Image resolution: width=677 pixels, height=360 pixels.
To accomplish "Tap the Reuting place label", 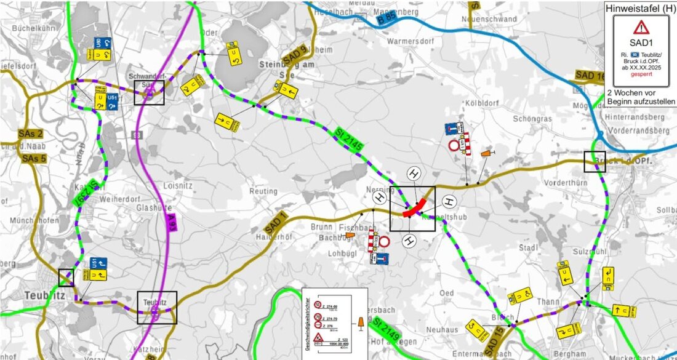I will (x=263, y=191).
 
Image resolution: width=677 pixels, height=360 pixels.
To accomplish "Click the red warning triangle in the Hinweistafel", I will (x=641, y=27).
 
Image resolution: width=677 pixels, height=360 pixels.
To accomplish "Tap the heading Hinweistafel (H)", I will (x=641, y=9).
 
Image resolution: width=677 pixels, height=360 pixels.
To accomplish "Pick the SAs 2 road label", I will (x=30, y=134).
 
